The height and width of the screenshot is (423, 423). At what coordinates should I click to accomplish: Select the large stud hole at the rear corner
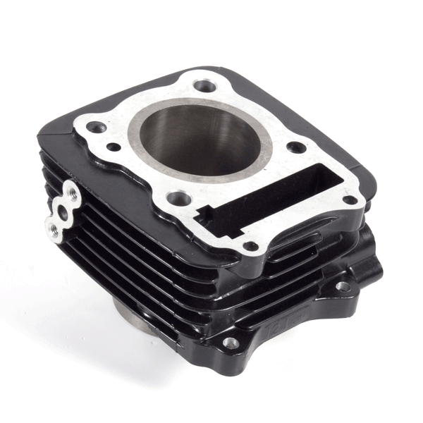point(204,86)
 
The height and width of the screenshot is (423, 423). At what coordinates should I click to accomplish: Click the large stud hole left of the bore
point(97,128)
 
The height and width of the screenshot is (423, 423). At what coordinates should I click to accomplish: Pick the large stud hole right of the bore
point(297,147)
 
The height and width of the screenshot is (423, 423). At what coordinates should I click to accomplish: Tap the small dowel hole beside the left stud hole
point(114,147)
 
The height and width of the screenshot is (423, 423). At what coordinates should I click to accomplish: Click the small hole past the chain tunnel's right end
point(348,200)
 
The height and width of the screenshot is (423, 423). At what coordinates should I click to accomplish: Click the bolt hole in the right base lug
point(342,287)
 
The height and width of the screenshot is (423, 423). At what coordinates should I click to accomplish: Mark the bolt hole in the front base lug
point(231,343)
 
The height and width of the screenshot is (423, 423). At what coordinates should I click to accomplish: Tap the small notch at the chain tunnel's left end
point(204,211)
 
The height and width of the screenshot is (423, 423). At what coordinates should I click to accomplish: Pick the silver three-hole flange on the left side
point(62,209)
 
